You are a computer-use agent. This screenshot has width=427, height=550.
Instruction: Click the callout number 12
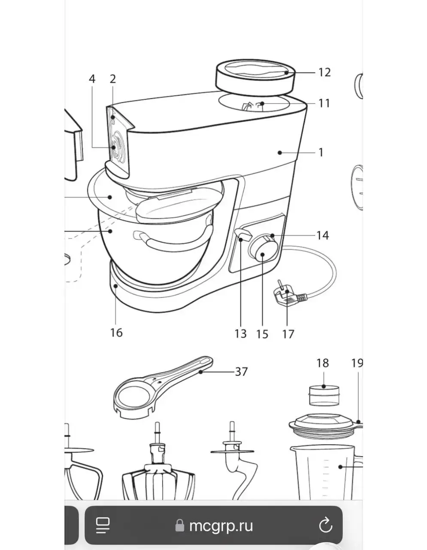324,72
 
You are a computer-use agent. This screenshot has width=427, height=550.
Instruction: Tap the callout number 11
324,103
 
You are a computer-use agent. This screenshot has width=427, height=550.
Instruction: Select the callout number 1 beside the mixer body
321,153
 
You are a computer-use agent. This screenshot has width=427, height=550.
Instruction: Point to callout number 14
323,235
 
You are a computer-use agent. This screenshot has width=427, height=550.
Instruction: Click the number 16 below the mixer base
116,333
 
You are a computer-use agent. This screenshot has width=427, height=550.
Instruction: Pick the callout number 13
240,334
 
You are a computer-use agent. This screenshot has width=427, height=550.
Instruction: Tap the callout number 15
262,334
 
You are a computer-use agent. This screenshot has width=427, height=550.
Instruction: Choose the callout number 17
288,334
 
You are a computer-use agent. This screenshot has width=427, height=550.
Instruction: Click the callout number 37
241,372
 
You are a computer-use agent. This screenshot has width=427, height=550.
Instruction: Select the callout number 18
323,363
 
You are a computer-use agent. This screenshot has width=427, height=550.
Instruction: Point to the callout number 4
92,79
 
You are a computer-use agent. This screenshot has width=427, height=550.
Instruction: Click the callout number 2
113,79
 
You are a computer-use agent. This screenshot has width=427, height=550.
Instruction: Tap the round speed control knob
263,249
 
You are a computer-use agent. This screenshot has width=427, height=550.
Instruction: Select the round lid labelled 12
255,78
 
